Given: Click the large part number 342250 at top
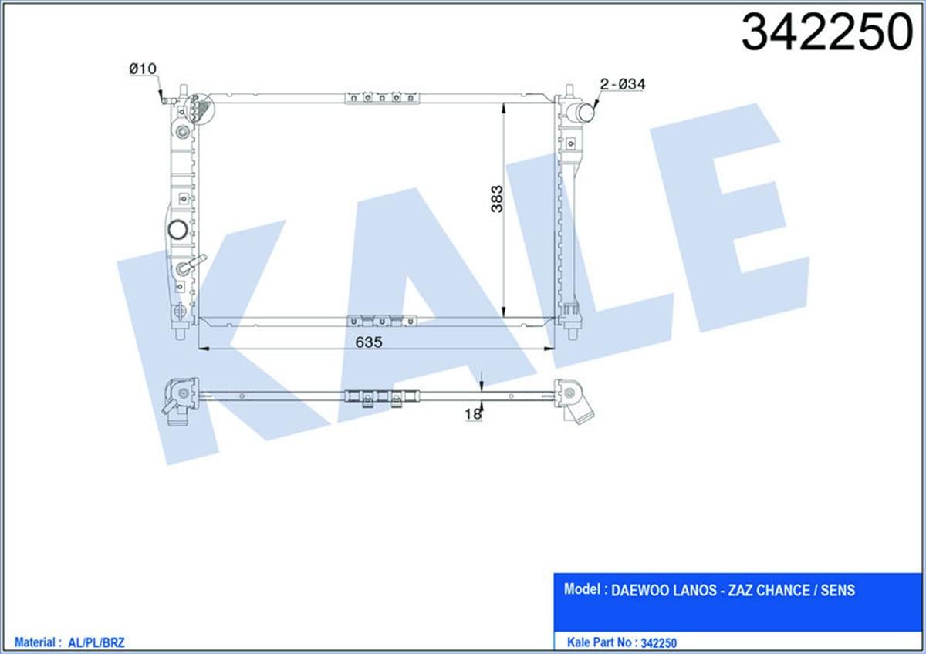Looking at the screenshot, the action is [x=826, y=32].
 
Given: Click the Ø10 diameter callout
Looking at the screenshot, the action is [x=143, y=69].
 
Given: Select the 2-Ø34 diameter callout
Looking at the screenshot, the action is [x=623, y=84].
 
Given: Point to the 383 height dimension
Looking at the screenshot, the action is [x=497, y=199].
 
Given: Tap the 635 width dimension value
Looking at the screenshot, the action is [x=369, y=342].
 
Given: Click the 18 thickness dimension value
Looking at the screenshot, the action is [x=473, y=414].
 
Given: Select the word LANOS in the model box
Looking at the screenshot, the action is [x=695, y=591].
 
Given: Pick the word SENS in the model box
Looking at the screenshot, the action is [x=837, y=591].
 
